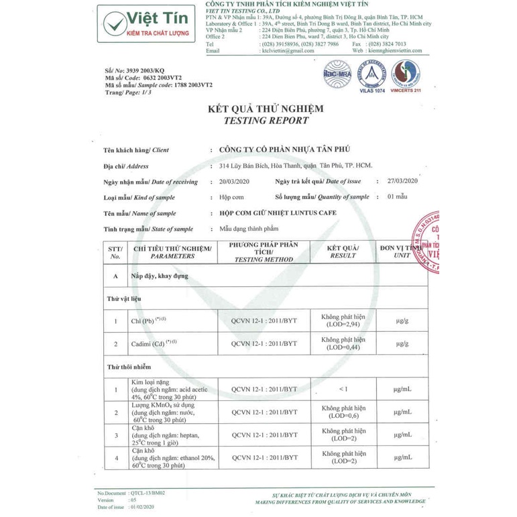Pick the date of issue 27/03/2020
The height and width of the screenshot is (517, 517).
click(x=402, y=181)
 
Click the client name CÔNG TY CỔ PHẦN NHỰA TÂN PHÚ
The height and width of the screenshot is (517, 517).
click(x=280, y=150)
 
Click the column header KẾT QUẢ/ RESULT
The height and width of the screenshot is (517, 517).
click(x=343, y=251)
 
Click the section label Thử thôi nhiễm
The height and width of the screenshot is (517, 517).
click(x=129, y=367)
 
